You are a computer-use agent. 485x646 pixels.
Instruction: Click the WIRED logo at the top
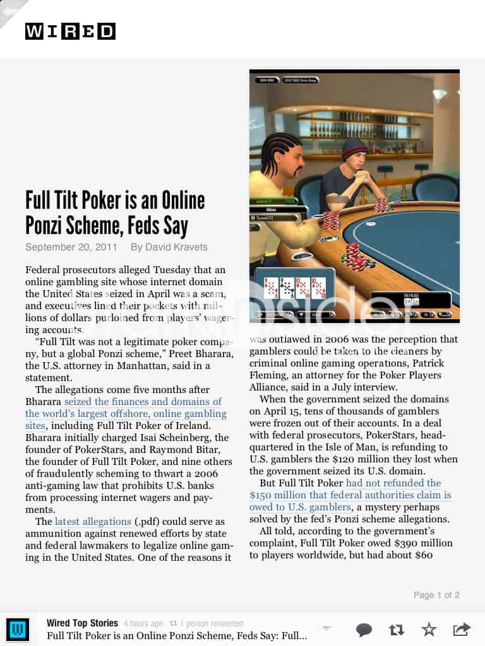point(70,31)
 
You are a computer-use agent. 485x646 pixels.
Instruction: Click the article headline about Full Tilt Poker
point(115,213)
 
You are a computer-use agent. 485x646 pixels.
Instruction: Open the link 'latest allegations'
point(93,522)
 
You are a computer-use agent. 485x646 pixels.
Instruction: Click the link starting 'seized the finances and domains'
point(143,402)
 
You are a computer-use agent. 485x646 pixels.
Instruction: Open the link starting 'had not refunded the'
point(393,483)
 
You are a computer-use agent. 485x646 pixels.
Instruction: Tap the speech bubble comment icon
point(364,629)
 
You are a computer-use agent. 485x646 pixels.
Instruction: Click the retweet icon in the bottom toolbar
point(397,629)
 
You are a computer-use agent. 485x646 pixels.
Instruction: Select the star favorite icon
point(429,629)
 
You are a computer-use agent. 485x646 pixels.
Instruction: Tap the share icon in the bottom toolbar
point(462,629)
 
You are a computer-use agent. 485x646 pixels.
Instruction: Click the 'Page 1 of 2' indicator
point(436,595)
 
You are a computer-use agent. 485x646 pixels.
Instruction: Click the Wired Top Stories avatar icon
point(17,630)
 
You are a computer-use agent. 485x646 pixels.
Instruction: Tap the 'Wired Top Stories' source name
point(82,623)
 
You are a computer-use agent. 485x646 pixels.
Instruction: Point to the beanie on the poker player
point(354,150)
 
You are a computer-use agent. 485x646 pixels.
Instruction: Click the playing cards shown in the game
point(295,288)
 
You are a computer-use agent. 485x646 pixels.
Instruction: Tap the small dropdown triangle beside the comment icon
point(326,628)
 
